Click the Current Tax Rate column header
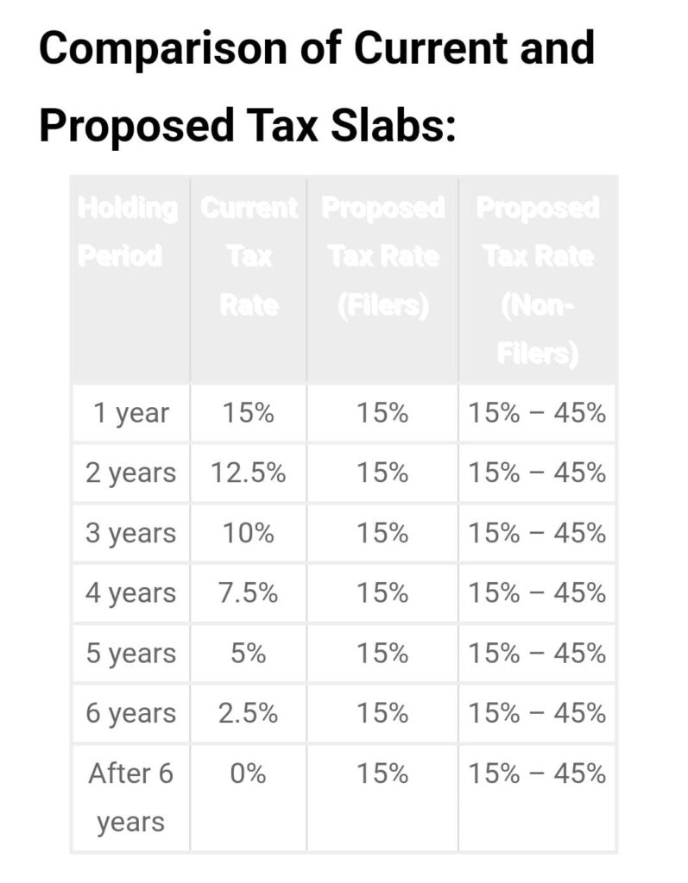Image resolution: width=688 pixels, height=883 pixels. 249,256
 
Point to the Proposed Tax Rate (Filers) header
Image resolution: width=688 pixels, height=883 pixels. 382,256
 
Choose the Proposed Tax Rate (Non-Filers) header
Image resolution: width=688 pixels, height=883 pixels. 537,280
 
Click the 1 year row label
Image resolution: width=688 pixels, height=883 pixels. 131,413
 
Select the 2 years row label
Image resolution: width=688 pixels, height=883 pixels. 130,473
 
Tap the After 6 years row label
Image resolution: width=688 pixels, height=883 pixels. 130,797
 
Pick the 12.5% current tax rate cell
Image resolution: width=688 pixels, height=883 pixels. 249,473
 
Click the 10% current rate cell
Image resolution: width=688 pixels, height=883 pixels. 249,533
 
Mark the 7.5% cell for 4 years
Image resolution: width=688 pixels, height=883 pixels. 249,593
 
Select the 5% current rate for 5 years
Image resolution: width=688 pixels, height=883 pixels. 249,653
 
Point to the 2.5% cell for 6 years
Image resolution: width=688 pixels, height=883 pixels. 249,713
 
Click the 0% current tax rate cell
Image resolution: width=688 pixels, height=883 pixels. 249,773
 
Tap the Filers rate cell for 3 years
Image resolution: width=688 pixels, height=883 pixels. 382,533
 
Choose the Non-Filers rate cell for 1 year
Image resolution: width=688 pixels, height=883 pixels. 537,413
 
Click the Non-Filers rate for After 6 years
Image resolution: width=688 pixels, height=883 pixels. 537,773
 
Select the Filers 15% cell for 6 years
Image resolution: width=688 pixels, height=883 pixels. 382,713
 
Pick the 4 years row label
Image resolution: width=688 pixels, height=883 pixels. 130,593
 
